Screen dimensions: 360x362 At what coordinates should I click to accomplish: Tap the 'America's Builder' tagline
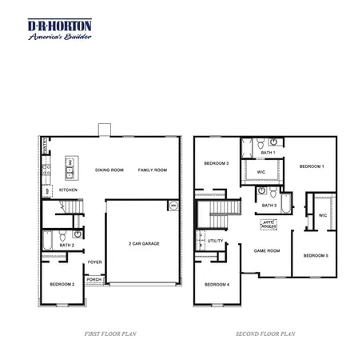(60, 38)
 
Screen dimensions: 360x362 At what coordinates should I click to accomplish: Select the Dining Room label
(109, 170)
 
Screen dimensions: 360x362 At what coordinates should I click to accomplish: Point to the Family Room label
(152, 170)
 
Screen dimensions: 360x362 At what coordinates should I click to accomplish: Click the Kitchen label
(68, 190)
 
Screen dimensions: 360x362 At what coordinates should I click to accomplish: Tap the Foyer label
(94, 262)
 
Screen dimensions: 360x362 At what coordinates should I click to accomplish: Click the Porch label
(93, 279)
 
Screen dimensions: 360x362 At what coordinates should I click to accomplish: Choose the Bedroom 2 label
(62, 284)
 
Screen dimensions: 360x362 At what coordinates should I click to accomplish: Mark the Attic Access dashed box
(269, 225)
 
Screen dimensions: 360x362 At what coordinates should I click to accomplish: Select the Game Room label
(266, 250)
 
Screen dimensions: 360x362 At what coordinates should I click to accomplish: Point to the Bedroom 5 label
(315, 255)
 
